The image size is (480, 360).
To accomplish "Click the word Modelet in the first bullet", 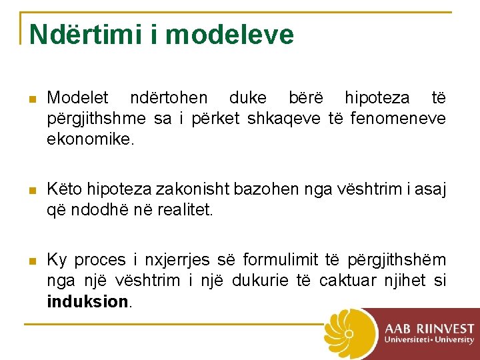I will tap(77, 99).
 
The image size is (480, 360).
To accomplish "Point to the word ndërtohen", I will tap(169, 99).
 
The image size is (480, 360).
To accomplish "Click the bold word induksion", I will tap(87, 301).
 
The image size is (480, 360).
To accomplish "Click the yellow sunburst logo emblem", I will tap(350, 333).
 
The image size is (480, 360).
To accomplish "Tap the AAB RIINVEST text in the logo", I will tap(429, 329).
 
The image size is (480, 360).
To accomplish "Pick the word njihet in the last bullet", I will tap(407, 281).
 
